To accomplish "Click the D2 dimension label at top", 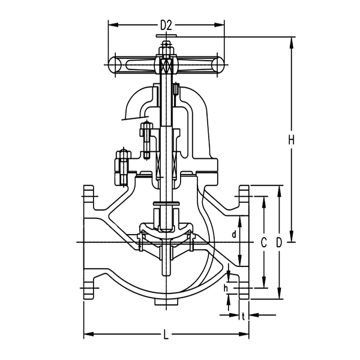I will tap(166, 25).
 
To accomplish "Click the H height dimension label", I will tap(291, 140).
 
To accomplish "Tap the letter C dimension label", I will tap(263, 242).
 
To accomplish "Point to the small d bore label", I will tap(233, 235).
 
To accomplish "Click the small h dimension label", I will tap(226, 289).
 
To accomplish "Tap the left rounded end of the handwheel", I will tap(115, 64).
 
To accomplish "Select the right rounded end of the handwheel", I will tap(218, 64).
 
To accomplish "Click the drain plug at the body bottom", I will tap(166, 302).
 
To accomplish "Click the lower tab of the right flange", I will tap(244, 292).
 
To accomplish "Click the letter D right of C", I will tap(279, 242).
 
